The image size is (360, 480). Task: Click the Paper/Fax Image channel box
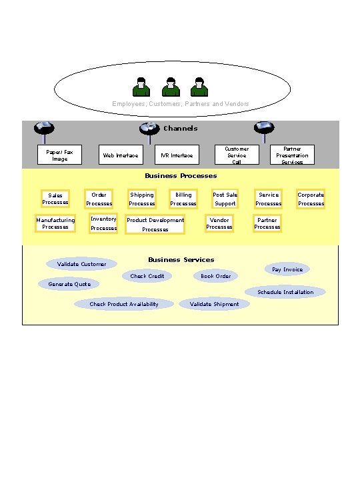pyautogui.click(x=60, y=155)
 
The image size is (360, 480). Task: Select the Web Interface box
pyautogui.click(x=121, y=155)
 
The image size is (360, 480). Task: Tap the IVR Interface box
pyautogui.click(x=177, y=155)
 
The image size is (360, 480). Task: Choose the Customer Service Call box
pyautogui.click(x=237, y=155)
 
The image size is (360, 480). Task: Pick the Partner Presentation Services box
pyautogui.click(x=292, y=155)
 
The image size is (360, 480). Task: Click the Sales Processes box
pyautogui.click(x=55, y=199)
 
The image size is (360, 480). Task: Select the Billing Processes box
pyautogui.click(x=183, y=199)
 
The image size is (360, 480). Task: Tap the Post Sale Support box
pyautogui.click(x=225, y=199)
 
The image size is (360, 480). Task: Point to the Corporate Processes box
pyautogui.click(x=311, y=199)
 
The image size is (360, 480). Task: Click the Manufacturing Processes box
pyautogui.click(x=55, y=223)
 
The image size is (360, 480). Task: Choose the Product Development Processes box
pyautogui.click(x=155, y=224)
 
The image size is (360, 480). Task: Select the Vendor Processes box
pyautogui.click(x=219, y=223)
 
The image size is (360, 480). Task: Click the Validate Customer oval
pyautogui.click(x=81, y=264)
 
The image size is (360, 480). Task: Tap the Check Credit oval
pyautogui.click(x=147, y=276)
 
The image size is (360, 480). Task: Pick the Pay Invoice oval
pyautogui.click(x=287, y=269)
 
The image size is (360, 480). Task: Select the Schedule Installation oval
pyautogui.click(x=285, y=292)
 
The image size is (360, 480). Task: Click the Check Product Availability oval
pyautogui.click(x=124, y=304)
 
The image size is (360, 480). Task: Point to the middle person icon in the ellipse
pyautogui.click(x=171, y=87)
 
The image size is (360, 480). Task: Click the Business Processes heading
pyautogui.click(x=181, y=176)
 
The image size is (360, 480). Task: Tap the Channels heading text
pyautogui.click(x=180, y=128)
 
